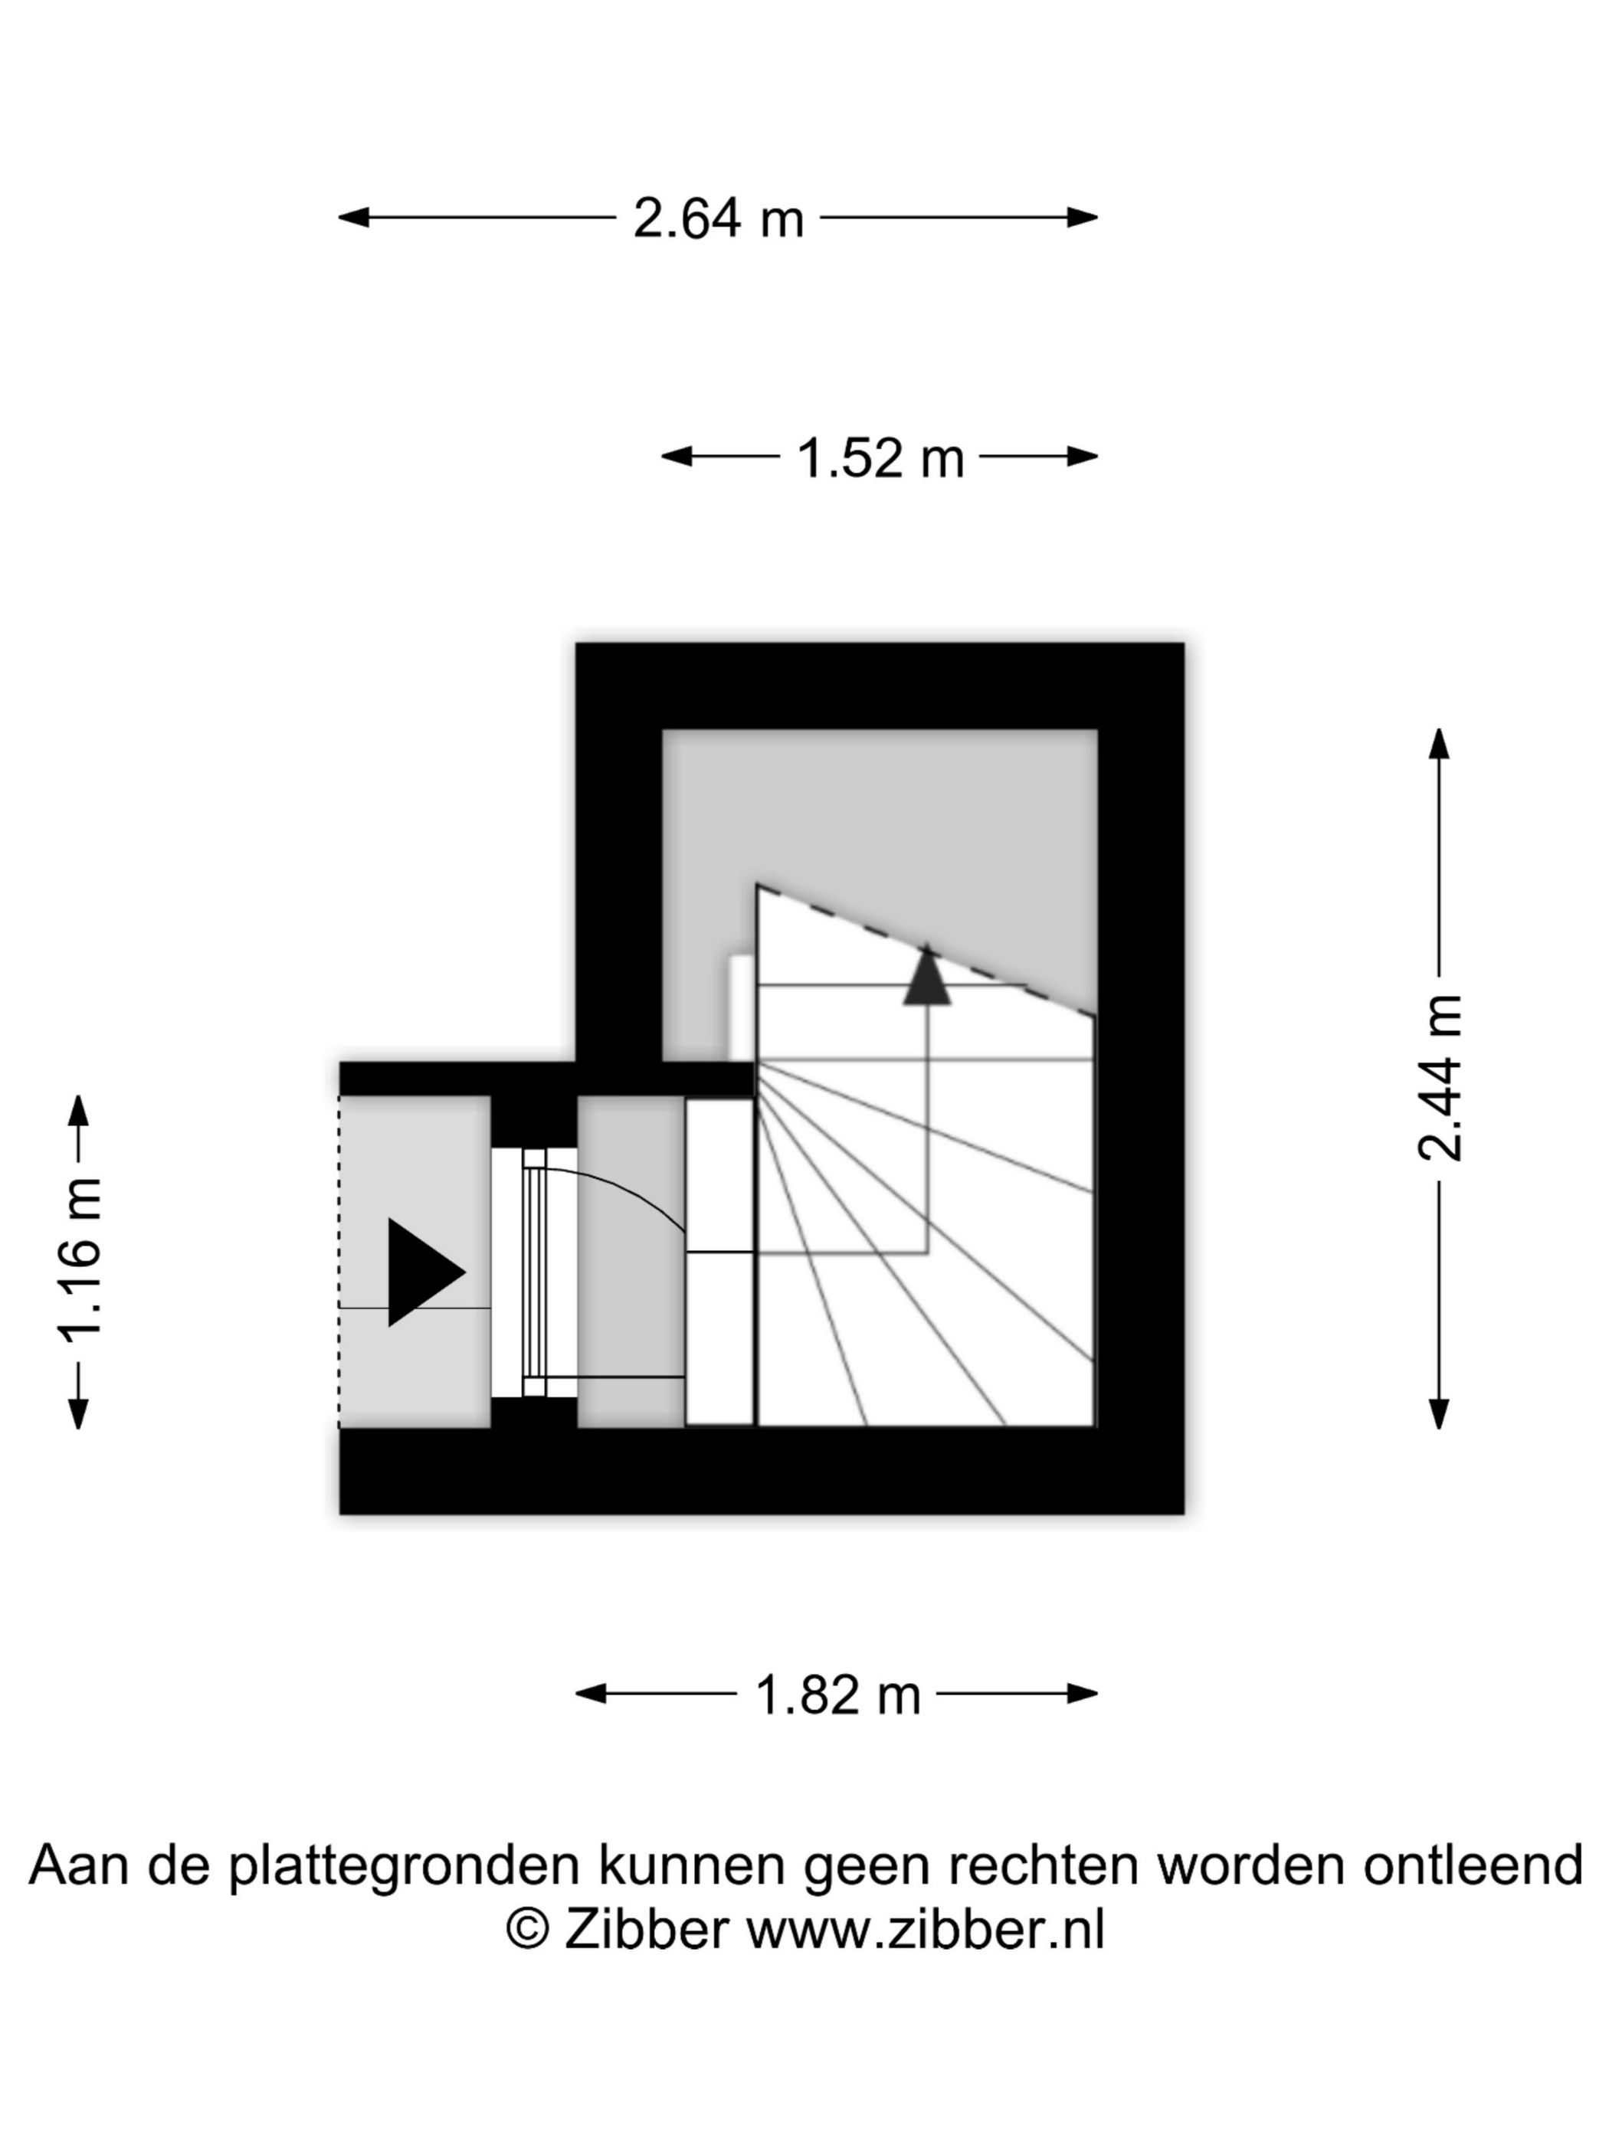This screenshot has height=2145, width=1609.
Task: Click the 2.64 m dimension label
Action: tap(718, 218)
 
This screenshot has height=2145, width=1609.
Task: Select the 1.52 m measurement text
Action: tap(880, 457)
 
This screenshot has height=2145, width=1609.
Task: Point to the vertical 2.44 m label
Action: tap(1438, 1077)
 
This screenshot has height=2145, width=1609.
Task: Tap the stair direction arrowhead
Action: tap(926, 974)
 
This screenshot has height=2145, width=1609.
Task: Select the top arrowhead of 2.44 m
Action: tap(1439, 744)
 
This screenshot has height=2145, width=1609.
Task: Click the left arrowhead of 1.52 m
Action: tap(677, 456)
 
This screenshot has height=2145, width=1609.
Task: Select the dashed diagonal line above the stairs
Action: tap(926, 951)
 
